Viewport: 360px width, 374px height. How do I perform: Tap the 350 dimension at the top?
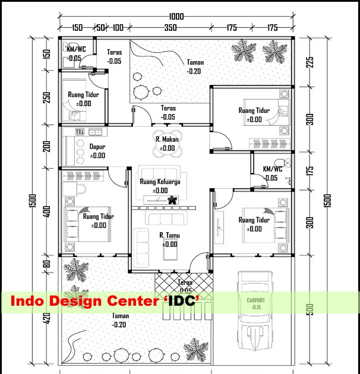tap(170, 28)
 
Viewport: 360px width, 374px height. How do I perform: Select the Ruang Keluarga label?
tap(160, 182)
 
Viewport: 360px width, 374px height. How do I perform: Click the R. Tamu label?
tap(169, 236)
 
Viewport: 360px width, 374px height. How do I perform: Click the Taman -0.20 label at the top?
tap(194, 66)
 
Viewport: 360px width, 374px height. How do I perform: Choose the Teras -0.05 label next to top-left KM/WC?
tap(114, 56)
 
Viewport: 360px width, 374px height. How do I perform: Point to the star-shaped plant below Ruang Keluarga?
tap(173, 199)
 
